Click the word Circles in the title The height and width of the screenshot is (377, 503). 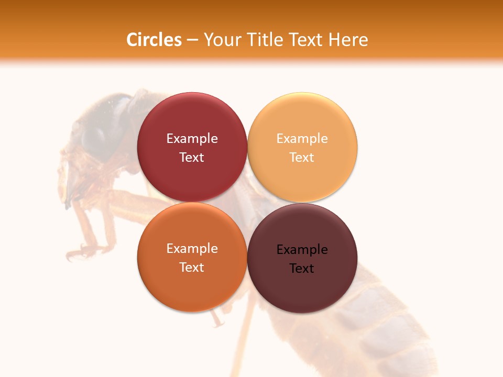[154, 40]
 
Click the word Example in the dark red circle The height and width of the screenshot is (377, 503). [192, 139]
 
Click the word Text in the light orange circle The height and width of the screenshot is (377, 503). [302, 158]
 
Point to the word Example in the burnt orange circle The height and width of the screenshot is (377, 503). [192, 249]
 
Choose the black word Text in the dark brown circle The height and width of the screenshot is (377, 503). [302, 269]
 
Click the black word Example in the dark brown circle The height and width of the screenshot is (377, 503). [302, 250]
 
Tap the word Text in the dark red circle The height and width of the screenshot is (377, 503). [192, 158]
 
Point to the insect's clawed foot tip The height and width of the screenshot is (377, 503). [76, 254]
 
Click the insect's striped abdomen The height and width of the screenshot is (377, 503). [377, 325]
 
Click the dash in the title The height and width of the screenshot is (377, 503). [192, 40]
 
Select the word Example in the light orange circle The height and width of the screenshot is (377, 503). [302, 139]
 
